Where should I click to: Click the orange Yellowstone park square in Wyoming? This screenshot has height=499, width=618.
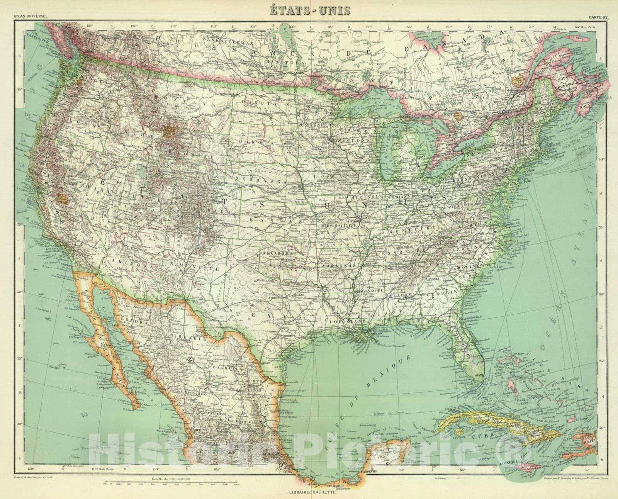coord(169,132)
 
